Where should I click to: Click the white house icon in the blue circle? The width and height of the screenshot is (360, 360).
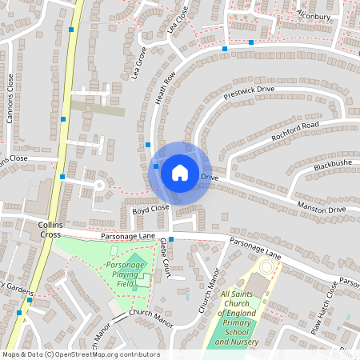click(180, 172)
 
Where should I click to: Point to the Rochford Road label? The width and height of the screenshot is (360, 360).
click(294, 131)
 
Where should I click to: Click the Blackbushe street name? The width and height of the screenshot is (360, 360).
click(333, 164)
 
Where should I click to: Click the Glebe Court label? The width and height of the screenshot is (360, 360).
click(163, 253)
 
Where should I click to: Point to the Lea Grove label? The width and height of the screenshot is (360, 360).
click(138, 64)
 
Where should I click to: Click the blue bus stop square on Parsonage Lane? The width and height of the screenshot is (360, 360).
click(170, 239)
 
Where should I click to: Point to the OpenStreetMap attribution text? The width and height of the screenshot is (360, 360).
click(81, 354)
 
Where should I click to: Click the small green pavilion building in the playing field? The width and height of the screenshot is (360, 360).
click(142, 281)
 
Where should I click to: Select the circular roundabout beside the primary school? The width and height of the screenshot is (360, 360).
click(266, 266)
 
